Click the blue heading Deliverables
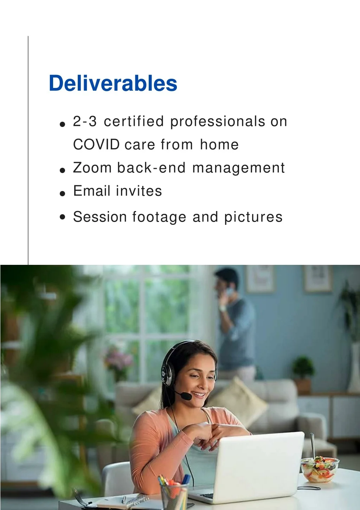(x=113, y=83)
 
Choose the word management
(x=238, y=168)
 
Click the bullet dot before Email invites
(x=62, y=193)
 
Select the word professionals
(x=218, y=122)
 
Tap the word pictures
(x=253, y=217)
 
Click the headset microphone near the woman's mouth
(x=186, y=396)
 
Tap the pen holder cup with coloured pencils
(x=174, y=494)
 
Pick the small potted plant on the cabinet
(x=303, y=375)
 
